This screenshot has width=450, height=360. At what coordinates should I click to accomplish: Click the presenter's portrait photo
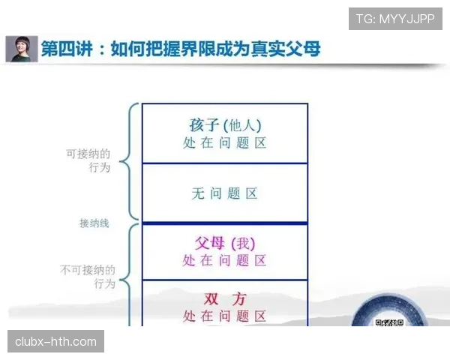tap(22, 49)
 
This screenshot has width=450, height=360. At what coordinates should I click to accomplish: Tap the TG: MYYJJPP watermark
tap(395, 18)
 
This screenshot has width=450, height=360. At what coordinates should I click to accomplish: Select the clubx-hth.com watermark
tap(56, 342)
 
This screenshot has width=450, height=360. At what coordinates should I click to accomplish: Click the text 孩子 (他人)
tap(225, 124)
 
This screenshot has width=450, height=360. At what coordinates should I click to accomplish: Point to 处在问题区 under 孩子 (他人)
tap(225, 142)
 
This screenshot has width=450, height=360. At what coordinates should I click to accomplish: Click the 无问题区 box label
tap(225, 193)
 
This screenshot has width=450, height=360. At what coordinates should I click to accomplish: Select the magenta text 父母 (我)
tap(225, 243)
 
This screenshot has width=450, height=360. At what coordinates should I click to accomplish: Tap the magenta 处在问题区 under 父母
tap(225, 261)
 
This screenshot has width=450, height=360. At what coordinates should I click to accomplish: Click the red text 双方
tap(225, 298)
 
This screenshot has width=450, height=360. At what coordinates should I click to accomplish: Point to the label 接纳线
tap(94, 223)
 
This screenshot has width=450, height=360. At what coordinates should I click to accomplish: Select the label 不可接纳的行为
tap(88, 276)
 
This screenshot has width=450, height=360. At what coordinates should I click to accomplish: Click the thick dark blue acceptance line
tap(225, 223)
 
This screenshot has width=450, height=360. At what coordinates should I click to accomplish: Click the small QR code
tap(388, 323)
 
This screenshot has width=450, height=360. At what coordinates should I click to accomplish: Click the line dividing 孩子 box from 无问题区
tap(225, 163)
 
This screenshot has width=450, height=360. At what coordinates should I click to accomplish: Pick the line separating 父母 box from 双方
tap(225, 280)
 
